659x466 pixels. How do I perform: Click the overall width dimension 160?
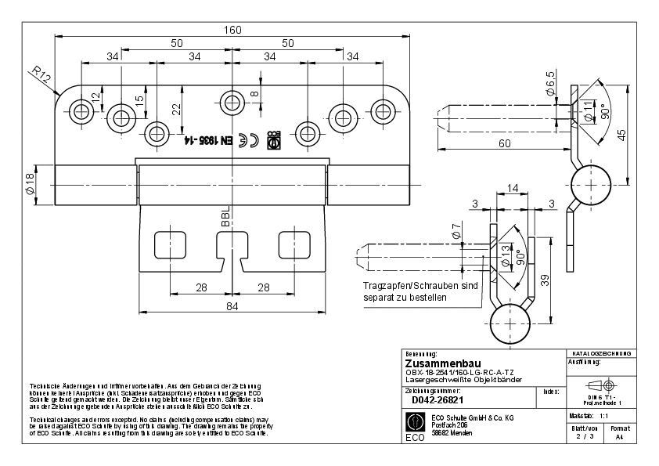coord(232,30)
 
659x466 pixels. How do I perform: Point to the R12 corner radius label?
coord(41,76)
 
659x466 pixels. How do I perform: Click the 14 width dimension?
coord(513,188)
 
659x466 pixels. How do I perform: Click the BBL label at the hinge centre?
coord(225,216)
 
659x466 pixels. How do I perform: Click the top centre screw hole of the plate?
coord(232,100)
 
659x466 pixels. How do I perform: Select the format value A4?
coord(619,439)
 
